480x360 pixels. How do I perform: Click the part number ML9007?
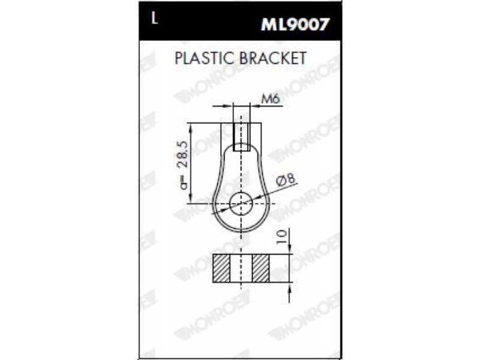click(x=295, y=24)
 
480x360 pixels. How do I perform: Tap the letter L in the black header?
click(x=155, y=19)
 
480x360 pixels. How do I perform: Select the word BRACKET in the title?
click(x=273, y=58)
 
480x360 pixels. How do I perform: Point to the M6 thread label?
click(x=271, y=99)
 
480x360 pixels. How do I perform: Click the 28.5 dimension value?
click(x=184, y=154)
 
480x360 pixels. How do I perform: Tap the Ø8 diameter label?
click(x=286, y=180)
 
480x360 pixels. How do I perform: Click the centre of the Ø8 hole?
click(x=241, y=203)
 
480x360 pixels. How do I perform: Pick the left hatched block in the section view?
click(x=221, y=268)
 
